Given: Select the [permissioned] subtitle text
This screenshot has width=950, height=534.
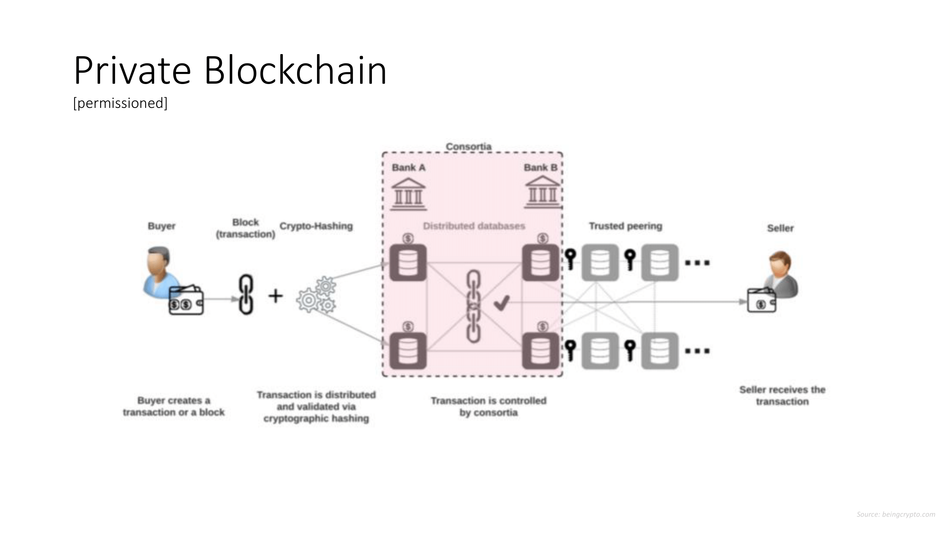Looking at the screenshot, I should (120, 103).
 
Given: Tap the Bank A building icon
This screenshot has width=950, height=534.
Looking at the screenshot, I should (408, 194).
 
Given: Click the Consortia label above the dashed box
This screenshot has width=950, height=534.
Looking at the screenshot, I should (468, 146).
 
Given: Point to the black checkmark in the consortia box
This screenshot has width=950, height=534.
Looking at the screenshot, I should (502, 303).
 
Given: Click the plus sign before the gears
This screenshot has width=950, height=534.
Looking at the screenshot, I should (275, 296).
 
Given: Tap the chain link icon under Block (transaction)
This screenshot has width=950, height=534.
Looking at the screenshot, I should (246, 294).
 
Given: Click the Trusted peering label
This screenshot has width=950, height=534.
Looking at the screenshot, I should (625, 226).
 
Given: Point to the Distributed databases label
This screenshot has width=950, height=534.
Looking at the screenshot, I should (474, 226).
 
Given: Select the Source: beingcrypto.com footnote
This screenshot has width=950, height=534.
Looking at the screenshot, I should (896, 514).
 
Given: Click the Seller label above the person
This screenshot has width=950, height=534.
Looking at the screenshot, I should (780, 228).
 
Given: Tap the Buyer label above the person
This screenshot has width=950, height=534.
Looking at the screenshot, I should (161, 226).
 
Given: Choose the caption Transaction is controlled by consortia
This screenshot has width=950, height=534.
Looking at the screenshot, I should (489, 407).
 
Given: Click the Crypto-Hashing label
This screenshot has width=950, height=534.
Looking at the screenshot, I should (316, 226).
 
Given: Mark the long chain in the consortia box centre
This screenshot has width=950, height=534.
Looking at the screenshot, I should (474, 306).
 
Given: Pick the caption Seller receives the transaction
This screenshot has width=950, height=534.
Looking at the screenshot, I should (782, 396).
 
